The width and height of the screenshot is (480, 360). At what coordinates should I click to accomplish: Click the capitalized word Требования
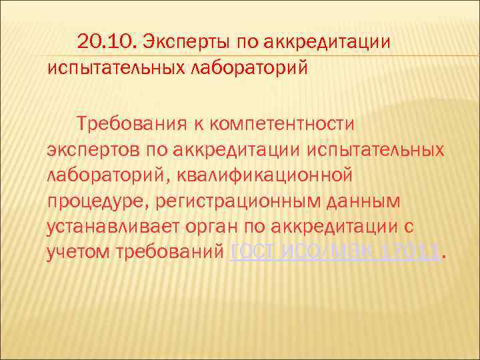click(142, 123)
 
